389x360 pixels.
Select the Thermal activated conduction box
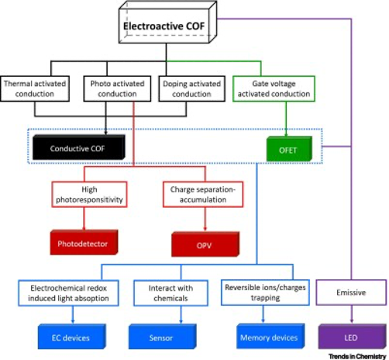[35, 88]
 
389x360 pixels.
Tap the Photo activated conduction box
[117, 88]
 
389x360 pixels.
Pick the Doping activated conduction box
[191, 88]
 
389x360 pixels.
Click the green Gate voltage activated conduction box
[274, 88]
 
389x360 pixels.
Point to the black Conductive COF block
[79, 147]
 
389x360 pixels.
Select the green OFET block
[289, 149]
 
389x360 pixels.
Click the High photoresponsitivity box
[89, 195]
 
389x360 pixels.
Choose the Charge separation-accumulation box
[203, 195]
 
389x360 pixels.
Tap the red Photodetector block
[84, 242]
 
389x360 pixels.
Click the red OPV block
[205, 244]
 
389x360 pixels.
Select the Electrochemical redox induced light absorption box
[68, 293]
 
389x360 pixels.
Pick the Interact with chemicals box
[170, 293]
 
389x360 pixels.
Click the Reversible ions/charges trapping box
[265, 292]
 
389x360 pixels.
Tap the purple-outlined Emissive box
[351, 292]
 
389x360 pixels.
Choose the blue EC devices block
[72, 337]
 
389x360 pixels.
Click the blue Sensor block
[163, 337]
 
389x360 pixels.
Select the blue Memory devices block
[270, 336]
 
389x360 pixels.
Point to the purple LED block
[353, 337]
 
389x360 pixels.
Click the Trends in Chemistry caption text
[357, 356]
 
